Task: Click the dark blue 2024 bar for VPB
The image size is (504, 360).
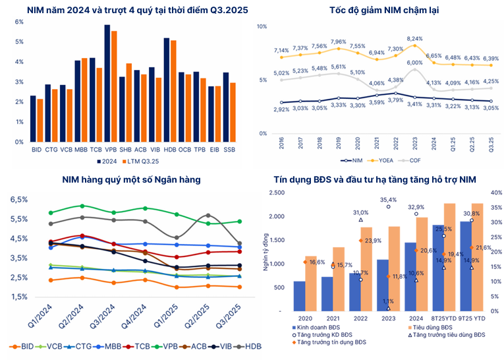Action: coord(107,86)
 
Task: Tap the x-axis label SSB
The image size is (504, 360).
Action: coord(229,150)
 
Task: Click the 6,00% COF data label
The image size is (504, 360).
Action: coord(414,63)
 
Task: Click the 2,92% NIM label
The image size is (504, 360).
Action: coord(281,109)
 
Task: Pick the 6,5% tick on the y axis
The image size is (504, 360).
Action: coord(18,199)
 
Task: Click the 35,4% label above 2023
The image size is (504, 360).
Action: coord(388,200)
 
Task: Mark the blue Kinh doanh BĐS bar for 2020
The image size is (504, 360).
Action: coord(300,295)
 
